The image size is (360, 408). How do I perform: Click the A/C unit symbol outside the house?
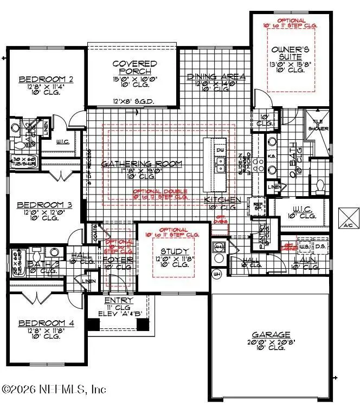[x=347, y=216]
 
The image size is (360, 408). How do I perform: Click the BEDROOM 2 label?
[x=46, y=80]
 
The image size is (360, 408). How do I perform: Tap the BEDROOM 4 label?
[x=46, y=323]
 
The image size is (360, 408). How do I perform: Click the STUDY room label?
[x=175, y=251]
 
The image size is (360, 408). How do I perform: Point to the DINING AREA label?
[x=216, y=77]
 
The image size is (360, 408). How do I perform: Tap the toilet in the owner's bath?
[x=319, y=186]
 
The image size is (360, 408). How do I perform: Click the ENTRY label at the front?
[x=119, y=300]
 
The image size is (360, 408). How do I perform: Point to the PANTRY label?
[x=262, y=236]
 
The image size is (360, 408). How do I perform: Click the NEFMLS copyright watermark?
[x=54, y=389]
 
